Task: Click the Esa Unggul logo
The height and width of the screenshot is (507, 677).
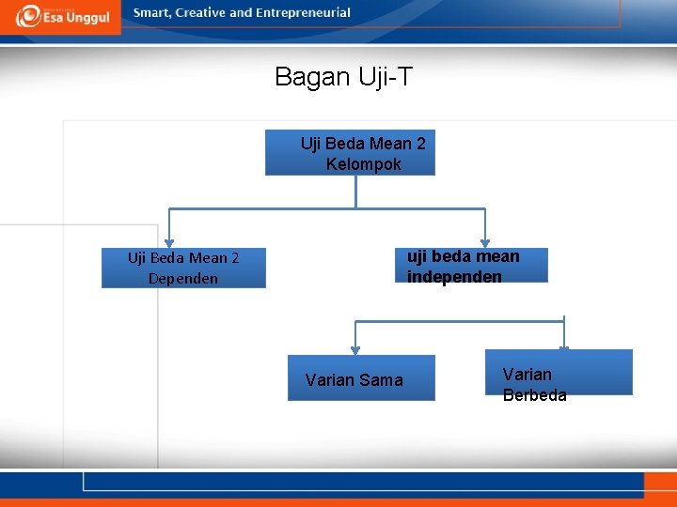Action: [61, 16]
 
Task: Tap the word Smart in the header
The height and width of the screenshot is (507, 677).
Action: [152, 13]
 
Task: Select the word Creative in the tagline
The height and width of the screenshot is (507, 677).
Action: [200, 13]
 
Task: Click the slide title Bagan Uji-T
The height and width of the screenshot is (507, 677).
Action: [343, 77]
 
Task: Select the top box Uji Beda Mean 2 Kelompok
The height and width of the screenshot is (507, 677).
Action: [350, 153]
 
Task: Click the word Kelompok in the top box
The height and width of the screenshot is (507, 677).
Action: [363, 164]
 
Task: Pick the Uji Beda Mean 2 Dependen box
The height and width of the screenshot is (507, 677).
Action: [183, 268]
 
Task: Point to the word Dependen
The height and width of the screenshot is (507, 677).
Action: [182, 279]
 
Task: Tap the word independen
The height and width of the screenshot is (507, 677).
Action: [454, 277]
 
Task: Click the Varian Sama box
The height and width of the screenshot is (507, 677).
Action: [361, 378]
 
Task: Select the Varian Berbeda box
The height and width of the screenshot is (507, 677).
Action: [559, 373]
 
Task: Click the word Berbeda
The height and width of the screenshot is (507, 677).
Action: [534, 395]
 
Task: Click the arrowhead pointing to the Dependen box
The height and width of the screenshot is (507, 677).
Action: [169, 243]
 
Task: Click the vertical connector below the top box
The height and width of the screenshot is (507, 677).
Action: [355, 192]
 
